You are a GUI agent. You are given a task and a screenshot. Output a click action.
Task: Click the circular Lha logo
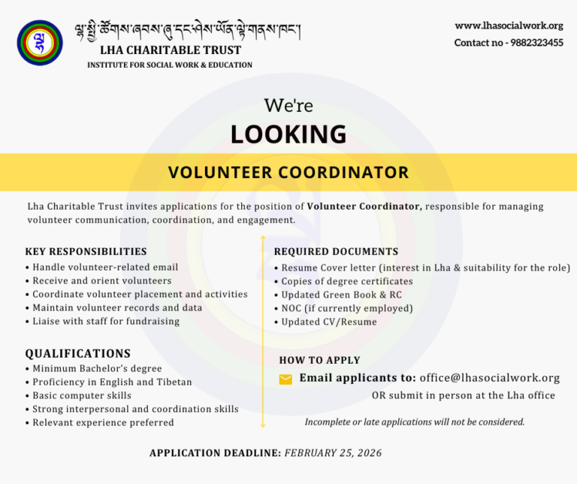tap(41, 43)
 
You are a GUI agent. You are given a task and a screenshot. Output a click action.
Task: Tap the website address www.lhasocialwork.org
tap(509, 26)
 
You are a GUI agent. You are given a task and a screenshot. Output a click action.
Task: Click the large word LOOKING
tap(288, 135)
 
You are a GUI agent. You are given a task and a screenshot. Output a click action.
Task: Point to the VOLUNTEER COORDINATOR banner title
tap(288, 173)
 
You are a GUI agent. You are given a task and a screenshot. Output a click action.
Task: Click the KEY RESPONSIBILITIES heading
tap(86, 252)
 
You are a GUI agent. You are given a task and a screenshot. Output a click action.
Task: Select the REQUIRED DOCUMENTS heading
tap(336, 252)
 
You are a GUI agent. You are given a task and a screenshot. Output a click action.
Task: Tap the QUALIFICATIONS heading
tap(78, 353)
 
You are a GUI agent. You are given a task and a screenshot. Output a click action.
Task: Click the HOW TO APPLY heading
tap(320, 360)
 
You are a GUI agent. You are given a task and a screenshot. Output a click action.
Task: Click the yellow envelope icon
tap(285, 380)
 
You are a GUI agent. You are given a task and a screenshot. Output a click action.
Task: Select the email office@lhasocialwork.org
tap(490, 378)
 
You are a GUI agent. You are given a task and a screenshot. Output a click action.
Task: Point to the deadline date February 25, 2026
tap(334, 453)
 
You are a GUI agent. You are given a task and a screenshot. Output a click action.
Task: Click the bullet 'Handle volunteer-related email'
tap(105, 268)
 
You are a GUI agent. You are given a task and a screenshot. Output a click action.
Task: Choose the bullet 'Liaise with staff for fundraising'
tap(106, 322)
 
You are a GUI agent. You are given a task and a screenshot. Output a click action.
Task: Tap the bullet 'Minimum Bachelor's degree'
tap(97, 369)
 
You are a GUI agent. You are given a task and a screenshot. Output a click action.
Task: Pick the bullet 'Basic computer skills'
tap(82, 396)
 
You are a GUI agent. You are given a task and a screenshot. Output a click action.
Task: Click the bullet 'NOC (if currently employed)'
tap(347, 308)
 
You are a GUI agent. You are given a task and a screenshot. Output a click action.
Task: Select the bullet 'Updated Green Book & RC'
tap(341, 295)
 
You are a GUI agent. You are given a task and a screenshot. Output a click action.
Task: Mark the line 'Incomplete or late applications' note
tap(415, 422)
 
